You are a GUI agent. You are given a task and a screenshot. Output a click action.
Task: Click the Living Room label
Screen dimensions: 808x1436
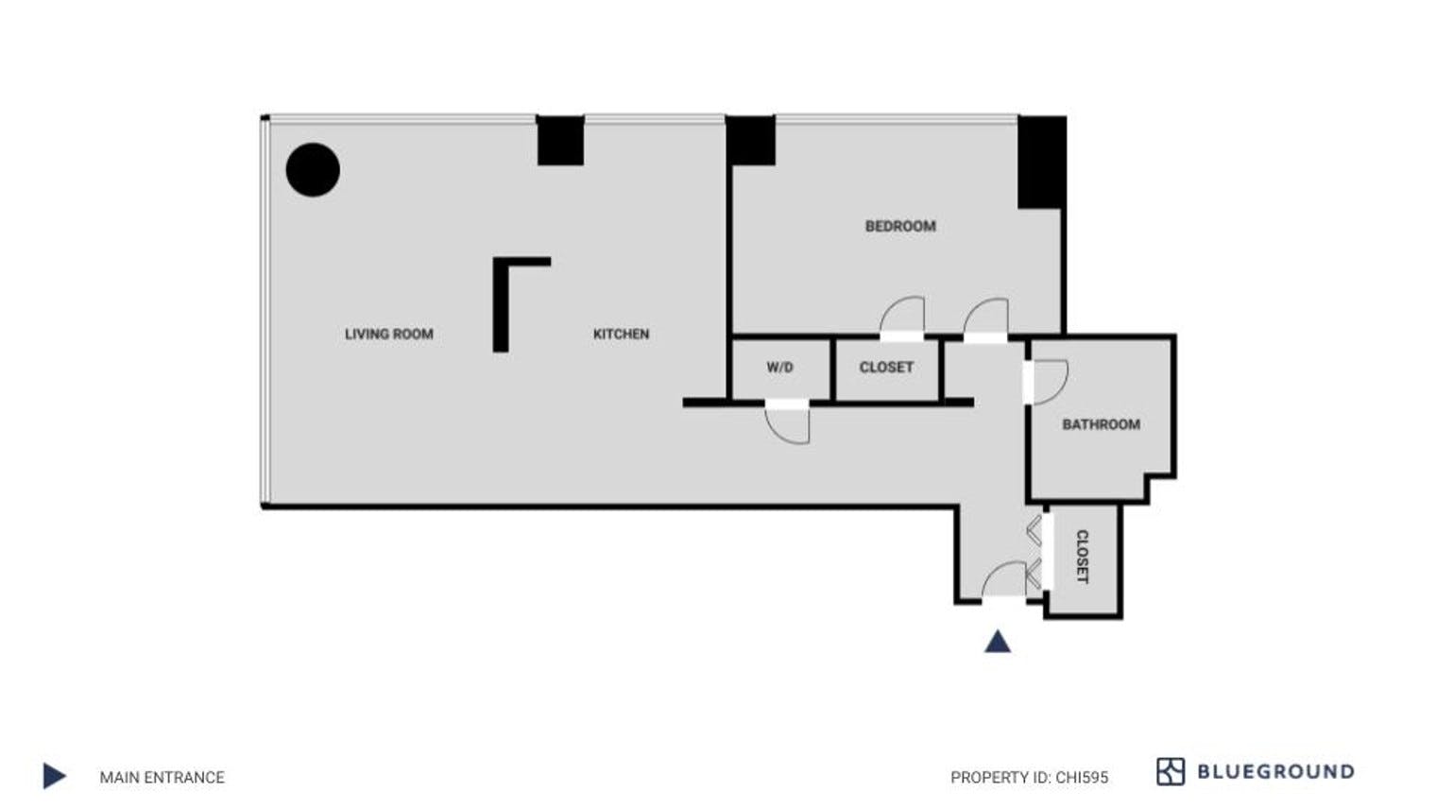pos(388,334)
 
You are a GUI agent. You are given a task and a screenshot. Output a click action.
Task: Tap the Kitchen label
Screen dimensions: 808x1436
pos(621,334)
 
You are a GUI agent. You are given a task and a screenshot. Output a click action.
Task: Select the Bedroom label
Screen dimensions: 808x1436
pos(900,226)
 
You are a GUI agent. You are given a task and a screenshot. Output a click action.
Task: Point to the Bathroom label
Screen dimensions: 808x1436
pos(1101,424)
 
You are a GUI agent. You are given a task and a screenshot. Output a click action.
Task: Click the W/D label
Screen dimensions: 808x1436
pos(779,368)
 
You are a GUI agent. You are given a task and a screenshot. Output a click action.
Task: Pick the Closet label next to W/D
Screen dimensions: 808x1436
pos(886,368)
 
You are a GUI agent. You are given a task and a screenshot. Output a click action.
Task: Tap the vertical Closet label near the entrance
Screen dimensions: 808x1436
pos(1083,557)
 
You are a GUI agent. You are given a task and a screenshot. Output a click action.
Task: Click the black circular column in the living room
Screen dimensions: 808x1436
pos(313,170)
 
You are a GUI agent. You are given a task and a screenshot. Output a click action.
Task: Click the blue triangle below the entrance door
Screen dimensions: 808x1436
pos(998,643)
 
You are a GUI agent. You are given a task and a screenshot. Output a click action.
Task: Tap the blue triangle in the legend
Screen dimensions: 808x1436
pos(55,777)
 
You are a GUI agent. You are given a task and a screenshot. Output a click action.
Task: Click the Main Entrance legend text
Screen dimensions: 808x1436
pos(162,778)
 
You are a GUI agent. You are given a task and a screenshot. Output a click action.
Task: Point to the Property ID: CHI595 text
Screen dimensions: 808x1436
pos(1029,778)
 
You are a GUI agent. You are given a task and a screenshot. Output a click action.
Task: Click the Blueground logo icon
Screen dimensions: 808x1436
pos(1170,772)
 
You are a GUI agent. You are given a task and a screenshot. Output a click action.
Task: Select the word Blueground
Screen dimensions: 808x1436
pos(1275,772)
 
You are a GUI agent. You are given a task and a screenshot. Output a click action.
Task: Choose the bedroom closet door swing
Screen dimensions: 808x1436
pos(903,316)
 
